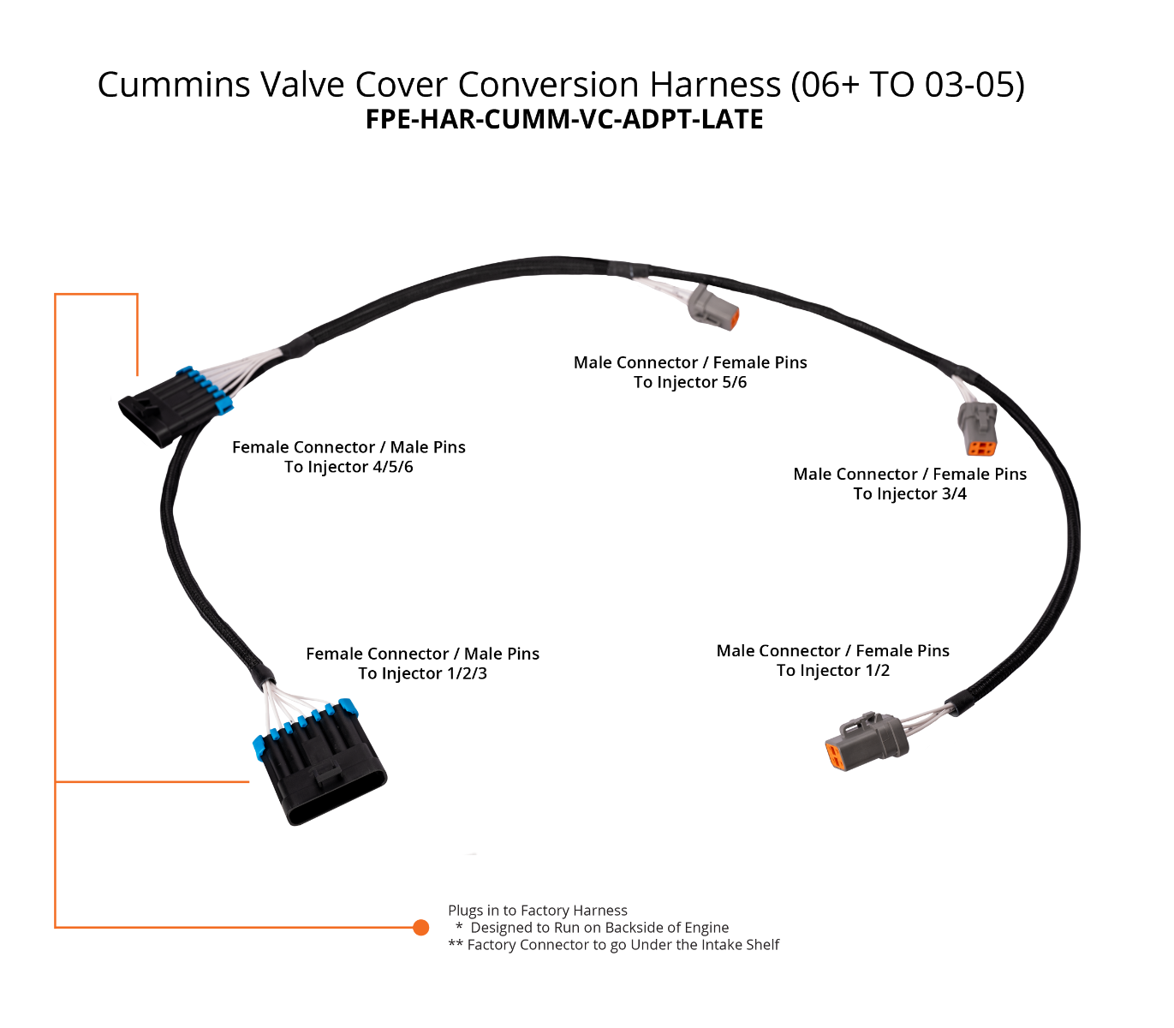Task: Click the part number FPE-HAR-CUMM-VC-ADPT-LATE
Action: pos(564,119)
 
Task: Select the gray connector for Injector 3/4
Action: pos(977,427)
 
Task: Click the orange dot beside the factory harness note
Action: pos(420,928)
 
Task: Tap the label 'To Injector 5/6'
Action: pos(690,382)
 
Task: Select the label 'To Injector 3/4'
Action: pos(909,493)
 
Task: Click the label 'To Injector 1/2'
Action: pos(833,671)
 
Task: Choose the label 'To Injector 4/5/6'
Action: pos(349,467)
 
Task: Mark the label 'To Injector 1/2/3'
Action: pos(422,673)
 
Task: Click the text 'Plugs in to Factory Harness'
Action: pos(538,911)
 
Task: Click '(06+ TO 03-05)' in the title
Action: pos(908,85)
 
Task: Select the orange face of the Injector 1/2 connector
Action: pos(833,756)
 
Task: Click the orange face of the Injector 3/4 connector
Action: pos(981,447)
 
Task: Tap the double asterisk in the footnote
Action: pos(456,944)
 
